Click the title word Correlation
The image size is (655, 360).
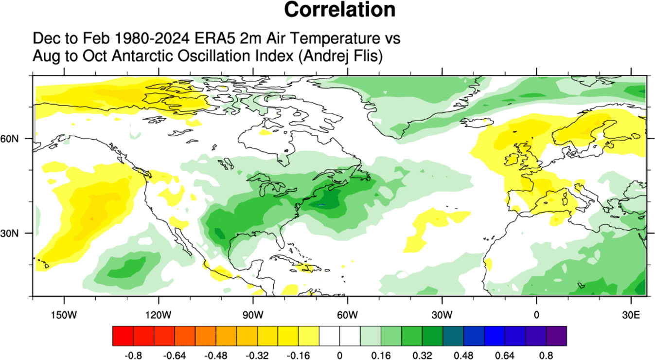coord(339,10)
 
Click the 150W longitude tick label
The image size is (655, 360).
coord(64,314)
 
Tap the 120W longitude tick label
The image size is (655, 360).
coord(159,314)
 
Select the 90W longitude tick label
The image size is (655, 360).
coord(253,314)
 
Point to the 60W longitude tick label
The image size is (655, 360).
coord(347,314)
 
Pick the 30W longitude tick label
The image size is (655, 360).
coord(442,314)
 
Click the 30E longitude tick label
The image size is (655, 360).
coord(630,314)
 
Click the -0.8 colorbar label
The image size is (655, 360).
coord(133,355)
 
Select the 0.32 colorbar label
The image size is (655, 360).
coord(422,355)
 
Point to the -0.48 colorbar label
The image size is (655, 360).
coord(215,355)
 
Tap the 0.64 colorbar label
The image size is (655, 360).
coord(505,355)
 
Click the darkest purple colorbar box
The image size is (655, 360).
coord(557,336)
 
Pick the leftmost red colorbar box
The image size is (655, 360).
coord(123,336)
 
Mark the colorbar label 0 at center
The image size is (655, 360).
coord(339,355)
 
